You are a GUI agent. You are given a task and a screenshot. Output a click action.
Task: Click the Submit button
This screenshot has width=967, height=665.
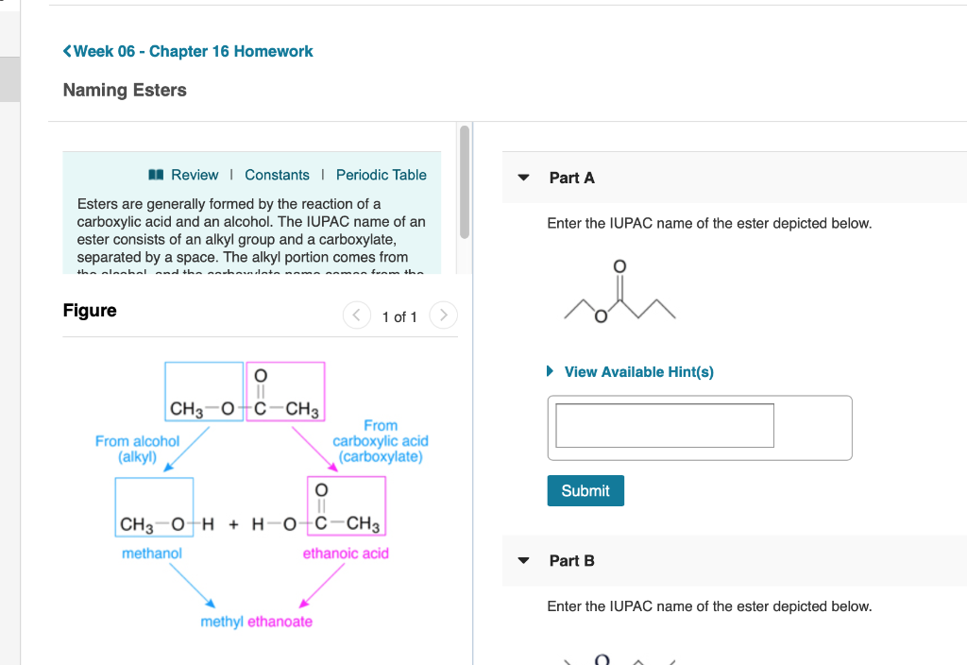[x=585, y=490]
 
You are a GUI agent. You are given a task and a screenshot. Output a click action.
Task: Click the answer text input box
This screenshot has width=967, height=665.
[x=665, y=425]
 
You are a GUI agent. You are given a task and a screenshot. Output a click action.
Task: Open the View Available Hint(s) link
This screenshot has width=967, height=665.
[x=638, y=372]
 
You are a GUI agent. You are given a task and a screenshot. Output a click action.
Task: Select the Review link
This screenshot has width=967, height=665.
[x=194, y=175]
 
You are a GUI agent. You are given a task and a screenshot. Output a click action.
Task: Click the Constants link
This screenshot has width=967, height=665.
[x=277, y=175]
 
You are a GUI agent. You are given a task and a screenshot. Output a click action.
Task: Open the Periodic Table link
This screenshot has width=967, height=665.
[x=381, y=175]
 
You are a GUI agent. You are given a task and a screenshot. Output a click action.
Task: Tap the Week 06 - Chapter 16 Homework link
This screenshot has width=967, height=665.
[x=193, y=51]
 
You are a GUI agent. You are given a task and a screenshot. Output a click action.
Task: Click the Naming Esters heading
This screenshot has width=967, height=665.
[x=125, y=90]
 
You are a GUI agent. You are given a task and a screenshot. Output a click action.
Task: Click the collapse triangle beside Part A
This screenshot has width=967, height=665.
[x=524, y=178]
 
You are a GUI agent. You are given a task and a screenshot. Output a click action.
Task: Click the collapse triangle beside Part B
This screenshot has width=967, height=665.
[x=524, y=560]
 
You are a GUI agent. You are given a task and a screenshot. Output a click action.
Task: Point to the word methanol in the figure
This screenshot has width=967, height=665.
[x=152, y=554]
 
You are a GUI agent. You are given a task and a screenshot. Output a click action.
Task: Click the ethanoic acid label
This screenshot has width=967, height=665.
[x=345, y=554]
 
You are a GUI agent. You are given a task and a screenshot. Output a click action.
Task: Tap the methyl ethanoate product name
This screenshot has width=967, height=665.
[x=256, y=622]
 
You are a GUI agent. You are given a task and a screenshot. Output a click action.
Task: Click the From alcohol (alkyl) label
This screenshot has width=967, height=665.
[x=137, y=449]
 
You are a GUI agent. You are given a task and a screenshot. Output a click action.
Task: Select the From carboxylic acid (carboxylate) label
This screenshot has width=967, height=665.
[x=381, y=441]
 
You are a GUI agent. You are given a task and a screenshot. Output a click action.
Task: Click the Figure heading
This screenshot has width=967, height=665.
[x=90, y=311]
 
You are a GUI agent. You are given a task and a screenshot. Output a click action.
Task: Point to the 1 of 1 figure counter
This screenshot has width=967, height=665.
[x=399, y=316]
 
